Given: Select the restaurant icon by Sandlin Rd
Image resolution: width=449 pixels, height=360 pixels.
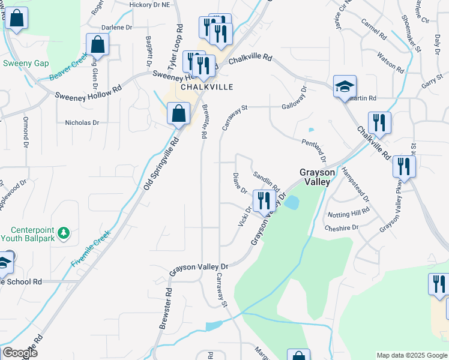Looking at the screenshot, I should (264, 201).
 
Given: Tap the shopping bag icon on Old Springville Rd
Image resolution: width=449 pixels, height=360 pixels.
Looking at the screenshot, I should (179, 114).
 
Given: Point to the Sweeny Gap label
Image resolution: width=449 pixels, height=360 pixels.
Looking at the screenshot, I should (26, 63).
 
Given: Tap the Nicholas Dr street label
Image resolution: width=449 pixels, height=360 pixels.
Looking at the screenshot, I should (82, 122).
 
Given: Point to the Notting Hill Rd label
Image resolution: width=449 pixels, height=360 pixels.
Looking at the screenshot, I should (348, 214).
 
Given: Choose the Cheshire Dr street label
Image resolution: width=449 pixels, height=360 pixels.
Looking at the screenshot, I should (341, 228).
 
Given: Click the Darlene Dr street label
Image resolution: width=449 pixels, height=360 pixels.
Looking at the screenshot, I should (116, 28).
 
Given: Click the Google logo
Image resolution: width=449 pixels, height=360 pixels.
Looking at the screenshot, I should (20, 353).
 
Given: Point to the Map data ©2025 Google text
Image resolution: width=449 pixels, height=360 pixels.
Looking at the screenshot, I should (412, 355).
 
